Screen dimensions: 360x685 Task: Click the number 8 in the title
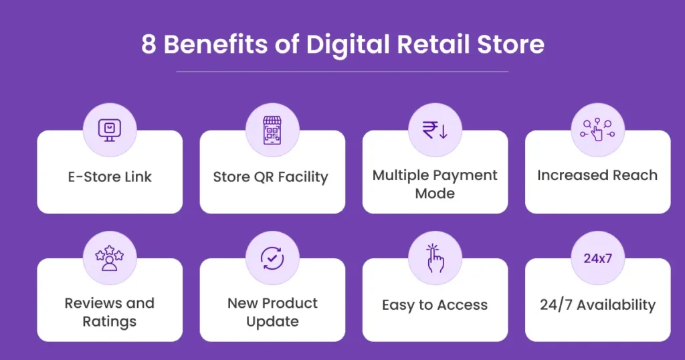149,45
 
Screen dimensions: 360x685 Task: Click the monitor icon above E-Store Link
110,129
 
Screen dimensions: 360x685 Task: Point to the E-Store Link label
110,177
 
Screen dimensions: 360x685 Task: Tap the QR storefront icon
272,129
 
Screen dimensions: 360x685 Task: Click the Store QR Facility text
270,177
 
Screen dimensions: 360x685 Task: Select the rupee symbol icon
435,129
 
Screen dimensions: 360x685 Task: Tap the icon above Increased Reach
597,129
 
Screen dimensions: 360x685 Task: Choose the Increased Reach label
597,175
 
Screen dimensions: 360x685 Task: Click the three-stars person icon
110,258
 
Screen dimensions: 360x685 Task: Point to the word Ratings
110,321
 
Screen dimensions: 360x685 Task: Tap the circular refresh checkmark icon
272,258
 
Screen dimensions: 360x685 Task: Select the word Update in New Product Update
272,321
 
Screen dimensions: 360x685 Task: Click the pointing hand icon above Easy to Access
435,258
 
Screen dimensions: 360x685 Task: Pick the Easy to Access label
435,305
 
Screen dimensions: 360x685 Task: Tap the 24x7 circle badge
597,258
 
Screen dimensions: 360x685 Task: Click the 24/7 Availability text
597,305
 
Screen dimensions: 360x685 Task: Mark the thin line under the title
342,71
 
